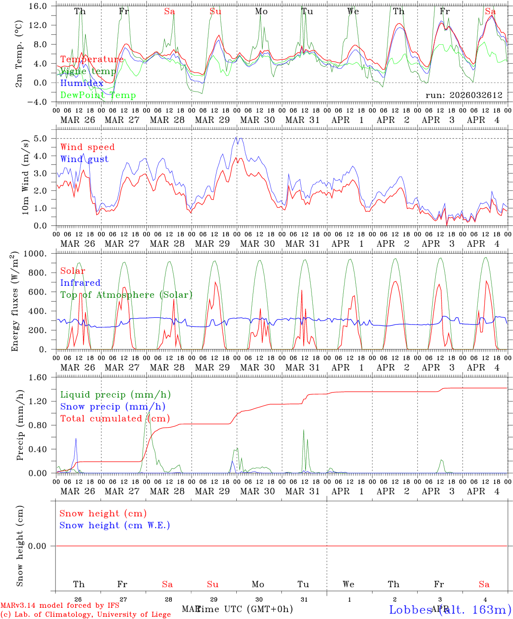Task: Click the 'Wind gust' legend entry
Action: coord(84,159)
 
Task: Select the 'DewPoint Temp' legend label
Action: coord(98,95)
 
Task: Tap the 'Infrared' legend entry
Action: coord(80,283)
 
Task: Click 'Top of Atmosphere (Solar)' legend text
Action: coord(126,295)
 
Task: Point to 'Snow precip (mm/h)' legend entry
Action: coord(113,407)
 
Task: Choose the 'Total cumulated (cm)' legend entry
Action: coord(115,419)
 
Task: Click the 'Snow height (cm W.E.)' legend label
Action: coord(115,525)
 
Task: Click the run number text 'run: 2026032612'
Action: coord(464,95)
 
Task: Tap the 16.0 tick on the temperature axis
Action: coord(40,6)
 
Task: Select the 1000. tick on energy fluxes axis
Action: coord(37,254)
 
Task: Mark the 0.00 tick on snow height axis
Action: coord(40,546)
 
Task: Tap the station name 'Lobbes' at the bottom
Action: coord(411,610)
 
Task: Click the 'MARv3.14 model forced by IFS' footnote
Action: coord(60,606)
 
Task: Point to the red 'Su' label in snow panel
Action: coord(213,584)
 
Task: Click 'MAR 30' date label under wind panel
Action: coord(257,244)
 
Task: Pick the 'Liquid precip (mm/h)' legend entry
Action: coord(115,395)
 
